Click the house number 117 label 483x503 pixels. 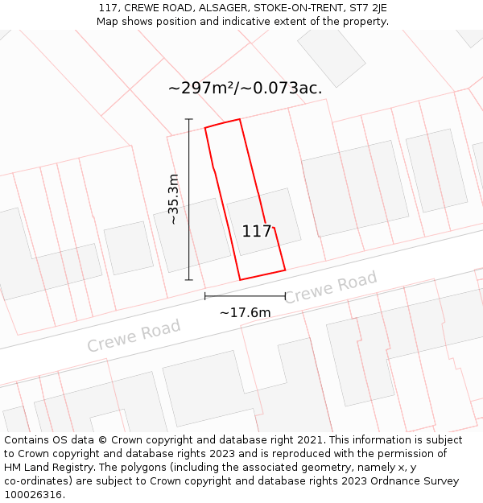click(x=257, y=232)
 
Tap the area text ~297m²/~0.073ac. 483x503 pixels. click(x=245, y=89)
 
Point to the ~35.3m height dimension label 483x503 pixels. click(x=172, y=200)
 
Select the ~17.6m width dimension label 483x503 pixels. click(x=245, y=312)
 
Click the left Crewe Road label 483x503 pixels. click(x=134, y=335)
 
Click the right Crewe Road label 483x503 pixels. click(x=330, y=287)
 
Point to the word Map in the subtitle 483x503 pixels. click(x=109, y=22)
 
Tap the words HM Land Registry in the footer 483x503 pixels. click(x=45, y=468)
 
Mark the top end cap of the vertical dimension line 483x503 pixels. click(x=189, y=119)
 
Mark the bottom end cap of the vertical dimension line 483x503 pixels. click(x=189, y=280)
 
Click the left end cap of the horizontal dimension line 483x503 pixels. click(x=204, y=296)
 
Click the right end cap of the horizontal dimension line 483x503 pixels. click(x=285, y=296)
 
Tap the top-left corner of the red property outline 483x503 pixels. click(x=205, y=128)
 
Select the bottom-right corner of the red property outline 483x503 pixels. click(x=285, y=270)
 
